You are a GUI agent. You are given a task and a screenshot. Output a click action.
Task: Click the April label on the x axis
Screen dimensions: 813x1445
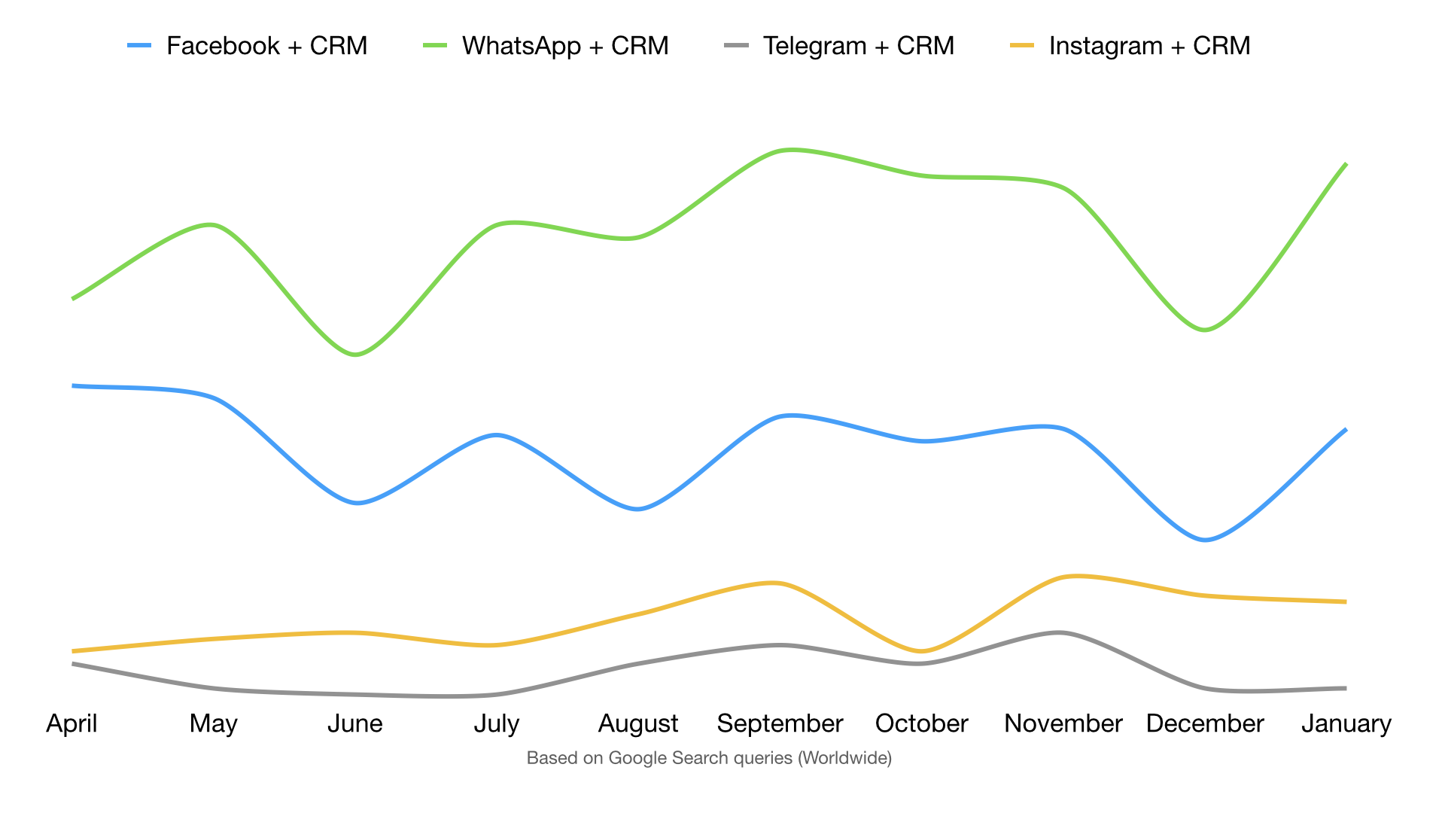(71, 723)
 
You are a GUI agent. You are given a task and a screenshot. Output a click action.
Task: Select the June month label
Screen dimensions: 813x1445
(355, 723)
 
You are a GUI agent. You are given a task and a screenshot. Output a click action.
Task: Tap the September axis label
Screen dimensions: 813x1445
(780, 723)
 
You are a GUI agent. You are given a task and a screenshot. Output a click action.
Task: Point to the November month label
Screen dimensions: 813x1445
(1063, 723)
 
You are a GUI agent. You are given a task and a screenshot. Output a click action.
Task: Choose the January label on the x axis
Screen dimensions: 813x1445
(1346, 723)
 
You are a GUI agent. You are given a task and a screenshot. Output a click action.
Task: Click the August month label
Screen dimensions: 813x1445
(638, 723)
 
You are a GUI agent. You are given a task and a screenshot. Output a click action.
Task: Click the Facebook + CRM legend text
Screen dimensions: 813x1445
(266, 46)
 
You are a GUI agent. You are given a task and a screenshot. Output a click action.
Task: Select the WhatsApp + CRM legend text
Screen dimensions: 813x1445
(565, 46)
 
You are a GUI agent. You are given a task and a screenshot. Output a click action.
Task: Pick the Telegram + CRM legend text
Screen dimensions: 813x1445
(858, 46)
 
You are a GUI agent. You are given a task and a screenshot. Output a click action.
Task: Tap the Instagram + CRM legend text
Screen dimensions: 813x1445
(1149, 46)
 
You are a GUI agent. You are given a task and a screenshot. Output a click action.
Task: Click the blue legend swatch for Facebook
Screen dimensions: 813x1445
(139, 46)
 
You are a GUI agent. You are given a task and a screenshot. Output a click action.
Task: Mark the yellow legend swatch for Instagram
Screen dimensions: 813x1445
(1022, 46)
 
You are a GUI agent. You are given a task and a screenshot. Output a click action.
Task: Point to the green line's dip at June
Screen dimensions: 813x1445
(356, 355)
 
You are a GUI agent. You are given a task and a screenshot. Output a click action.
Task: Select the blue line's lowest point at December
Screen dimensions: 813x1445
(1205, 540)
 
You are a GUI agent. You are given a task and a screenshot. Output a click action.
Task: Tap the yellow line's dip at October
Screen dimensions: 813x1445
(921, 651)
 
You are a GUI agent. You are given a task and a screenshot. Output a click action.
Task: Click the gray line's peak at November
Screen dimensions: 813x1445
(1060, 632)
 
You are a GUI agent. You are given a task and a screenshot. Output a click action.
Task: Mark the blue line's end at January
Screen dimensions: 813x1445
(1345, 430)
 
